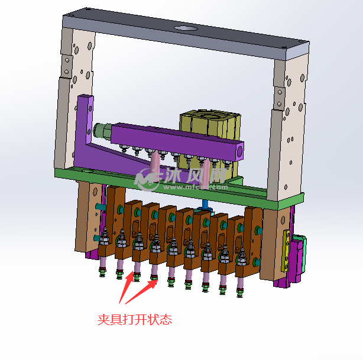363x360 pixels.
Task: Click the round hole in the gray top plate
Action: point(185,29)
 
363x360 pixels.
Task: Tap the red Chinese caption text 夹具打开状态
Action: point(134,320)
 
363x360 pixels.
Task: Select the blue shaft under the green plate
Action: point(205,204)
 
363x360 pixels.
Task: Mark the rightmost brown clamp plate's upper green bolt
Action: point(257,228)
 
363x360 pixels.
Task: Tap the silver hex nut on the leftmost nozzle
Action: point(105,239)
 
